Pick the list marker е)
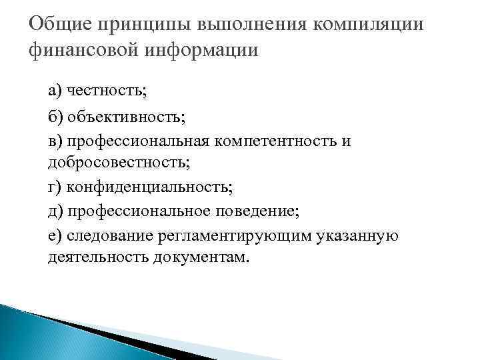[x=54, y=235]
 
